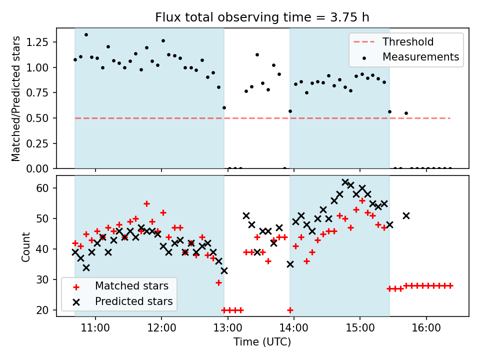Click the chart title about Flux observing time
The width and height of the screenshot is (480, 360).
[262, 17]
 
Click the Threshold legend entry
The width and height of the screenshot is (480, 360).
[408, 42]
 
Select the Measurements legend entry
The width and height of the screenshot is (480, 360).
[420, 57]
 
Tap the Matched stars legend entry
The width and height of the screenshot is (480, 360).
[131, 286]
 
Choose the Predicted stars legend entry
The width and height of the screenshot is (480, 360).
[133, 301]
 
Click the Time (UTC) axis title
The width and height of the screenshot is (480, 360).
[262, 342]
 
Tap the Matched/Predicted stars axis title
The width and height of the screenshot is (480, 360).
[16, 98]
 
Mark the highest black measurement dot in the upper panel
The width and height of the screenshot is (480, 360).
[86, 35]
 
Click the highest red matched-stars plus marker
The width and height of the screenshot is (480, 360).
[146, 203]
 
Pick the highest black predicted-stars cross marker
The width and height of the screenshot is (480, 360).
[345, 182]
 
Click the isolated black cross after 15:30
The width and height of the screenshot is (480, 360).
[406, 215]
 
